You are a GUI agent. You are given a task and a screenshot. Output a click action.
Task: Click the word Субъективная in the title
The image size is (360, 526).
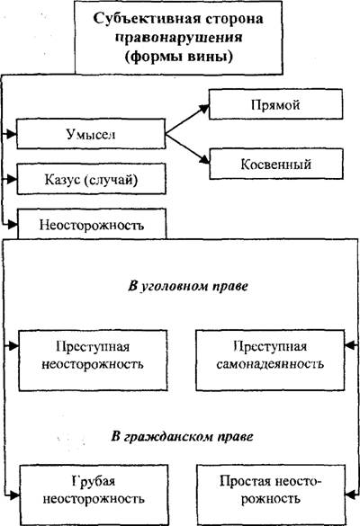click(146, 19)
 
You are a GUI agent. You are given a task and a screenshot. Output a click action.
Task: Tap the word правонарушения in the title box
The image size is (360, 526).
click(179, 37)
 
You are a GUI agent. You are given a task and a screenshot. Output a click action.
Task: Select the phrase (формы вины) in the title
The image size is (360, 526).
click(179, 56)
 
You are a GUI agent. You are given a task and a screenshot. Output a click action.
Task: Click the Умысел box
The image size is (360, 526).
click(91, 134)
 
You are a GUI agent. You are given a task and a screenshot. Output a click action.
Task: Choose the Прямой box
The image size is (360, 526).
click(275, 104)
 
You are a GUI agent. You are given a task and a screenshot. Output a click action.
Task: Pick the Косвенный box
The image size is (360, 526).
click(276, 164)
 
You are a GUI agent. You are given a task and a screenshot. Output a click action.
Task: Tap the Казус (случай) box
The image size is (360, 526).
click(91, 179)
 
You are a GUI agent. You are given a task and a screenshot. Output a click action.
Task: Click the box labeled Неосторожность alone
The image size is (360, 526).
click(92, 224)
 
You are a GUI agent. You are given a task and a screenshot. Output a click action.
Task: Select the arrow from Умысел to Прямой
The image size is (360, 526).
click(187, 120)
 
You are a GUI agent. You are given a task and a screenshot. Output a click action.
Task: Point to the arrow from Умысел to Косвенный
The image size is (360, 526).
click(187, 148)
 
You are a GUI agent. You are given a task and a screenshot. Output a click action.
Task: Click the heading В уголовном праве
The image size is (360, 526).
click(188, 286)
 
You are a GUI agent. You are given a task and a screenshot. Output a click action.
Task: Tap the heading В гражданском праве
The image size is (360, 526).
click(183, 437)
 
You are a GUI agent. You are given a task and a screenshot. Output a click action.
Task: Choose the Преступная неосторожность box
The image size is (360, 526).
click(93, 361)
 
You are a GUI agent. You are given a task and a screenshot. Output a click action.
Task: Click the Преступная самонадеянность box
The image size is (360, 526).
click(270, 361)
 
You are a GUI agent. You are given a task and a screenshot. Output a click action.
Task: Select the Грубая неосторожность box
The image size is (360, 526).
click(94, 495)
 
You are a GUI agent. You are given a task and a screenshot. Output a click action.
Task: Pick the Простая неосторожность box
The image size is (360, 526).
click(271, 495)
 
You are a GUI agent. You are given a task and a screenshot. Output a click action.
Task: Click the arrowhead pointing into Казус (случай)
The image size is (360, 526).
click(12, 179)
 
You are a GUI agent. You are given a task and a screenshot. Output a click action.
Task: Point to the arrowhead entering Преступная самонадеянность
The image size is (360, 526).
click(350, 345)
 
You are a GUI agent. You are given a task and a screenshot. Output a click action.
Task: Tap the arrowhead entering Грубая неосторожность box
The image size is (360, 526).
click(14, 495)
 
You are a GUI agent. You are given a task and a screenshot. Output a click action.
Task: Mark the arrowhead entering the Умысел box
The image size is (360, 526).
click(12, 134)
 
